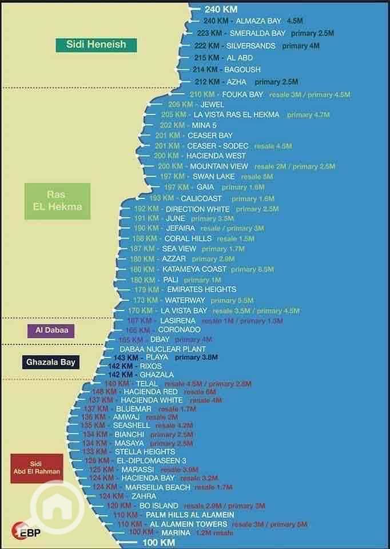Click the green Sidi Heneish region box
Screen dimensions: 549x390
(95, 45)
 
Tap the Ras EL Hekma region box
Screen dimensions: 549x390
(57, 201)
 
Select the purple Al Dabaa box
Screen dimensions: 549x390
(51, 331)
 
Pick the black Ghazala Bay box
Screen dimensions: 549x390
(50, 362)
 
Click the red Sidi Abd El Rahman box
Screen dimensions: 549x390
(37, 468)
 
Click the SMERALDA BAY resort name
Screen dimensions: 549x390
(257, 33)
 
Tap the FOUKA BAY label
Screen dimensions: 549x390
(242, 94)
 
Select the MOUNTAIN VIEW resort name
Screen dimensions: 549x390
(219, 166)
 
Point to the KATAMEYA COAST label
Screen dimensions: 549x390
(194, 269)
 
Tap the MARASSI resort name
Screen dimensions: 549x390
(137, 470)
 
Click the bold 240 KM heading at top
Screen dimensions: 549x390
(221, 9)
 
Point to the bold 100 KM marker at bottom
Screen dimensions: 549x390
(158, 543)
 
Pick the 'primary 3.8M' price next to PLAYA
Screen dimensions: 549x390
(196, 357)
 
